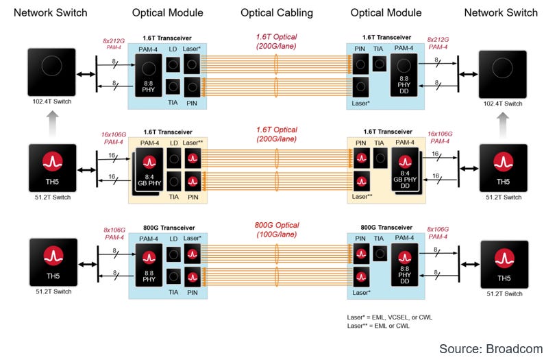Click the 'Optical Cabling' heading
tap(276, 12)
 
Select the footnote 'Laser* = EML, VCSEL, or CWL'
tap(390, 317)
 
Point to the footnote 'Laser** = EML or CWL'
tap(379, 326)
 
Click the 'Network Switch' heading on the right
tap(501, 12)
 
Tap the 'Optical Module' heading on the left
tap(167, 12)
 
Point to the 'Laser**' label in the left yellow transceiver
tap(195, 142)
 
